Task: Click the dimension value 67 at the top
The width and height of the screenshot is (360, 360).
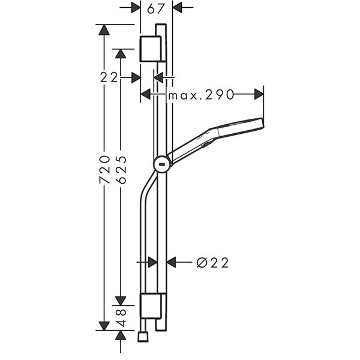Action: [x=156, y=8]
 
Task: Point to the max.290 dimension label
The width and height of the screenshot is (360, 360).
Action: [x=200, y=94]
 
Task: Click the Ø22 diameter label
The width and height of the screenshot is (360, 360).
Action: [x=213, y=262]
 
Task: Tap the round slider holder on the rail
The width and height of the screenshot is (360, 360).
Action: [x=162, y=163]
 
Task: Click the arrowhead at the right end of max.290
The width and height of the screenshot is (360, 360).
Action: [x=259, y=94]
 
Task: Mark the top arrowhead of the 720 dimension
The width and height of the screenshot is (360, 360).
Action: [x=104, y=30]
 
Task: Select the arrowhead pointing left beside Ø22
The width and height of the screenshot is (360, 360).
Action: [x=171, y=262]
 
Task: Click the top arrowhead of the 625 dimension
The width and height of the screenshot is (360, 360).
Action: [x=121, y=53]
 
